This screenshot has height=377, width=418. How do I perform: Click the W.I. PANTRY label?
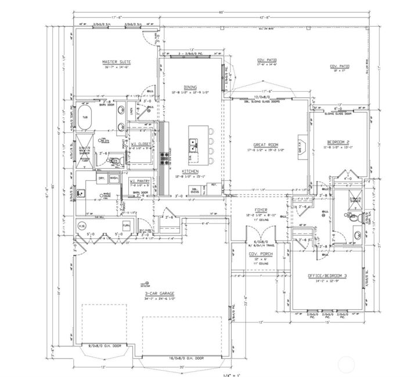140,181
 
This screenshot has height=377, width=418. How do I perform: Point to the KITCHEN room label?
191,172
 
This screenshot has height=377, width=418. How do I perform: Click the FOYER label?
260,209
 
